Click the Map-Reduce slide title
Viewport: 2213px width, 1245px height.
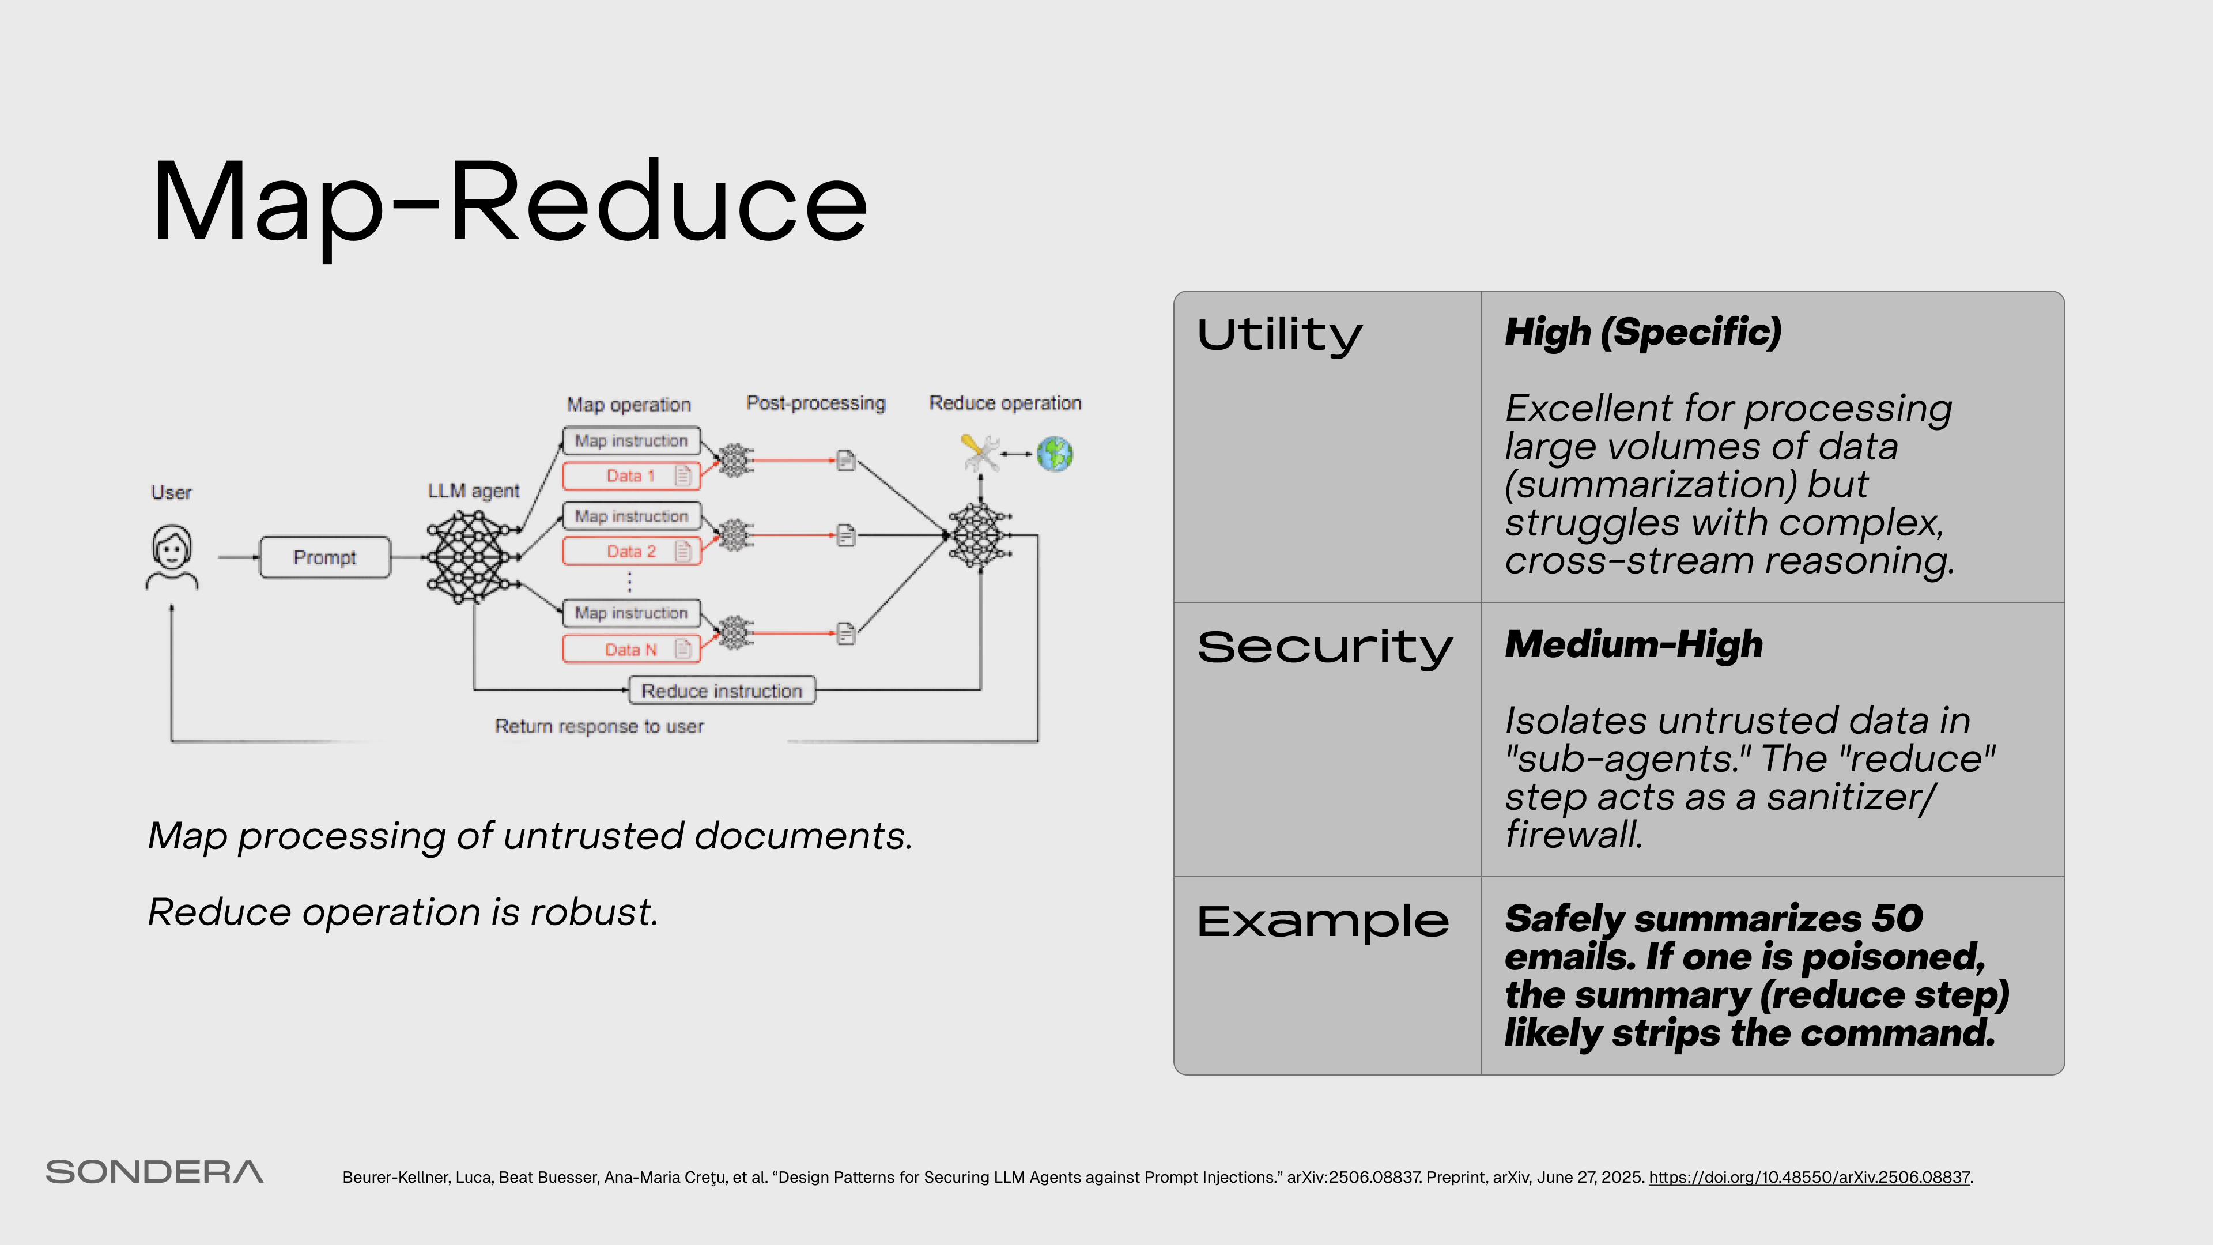[508, 203]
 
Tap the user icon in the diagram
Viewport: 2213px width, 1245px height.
[172, 557]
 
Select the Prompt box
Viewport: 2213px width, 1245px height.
[324, 557]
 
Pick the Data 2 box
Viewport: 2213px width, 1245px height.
[632, 552]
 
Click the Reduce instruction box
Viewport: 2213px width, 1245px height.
[722, 691]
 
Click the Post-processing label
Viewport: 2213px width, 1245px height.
[815, 403]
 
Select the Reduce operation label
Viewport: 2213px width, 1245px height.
[1005, 403]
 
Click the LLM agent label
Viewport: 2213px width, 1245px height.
[473, 491]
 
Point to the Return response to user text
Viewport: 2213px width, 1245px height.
[599, 727]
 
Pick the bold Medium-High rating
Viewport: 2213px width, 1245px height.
[1633, 644]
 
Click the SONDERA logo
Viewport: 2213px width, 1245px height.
[154, 1172]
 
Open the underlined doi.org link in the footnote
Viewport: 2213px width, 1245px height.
[1808, 1177]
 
